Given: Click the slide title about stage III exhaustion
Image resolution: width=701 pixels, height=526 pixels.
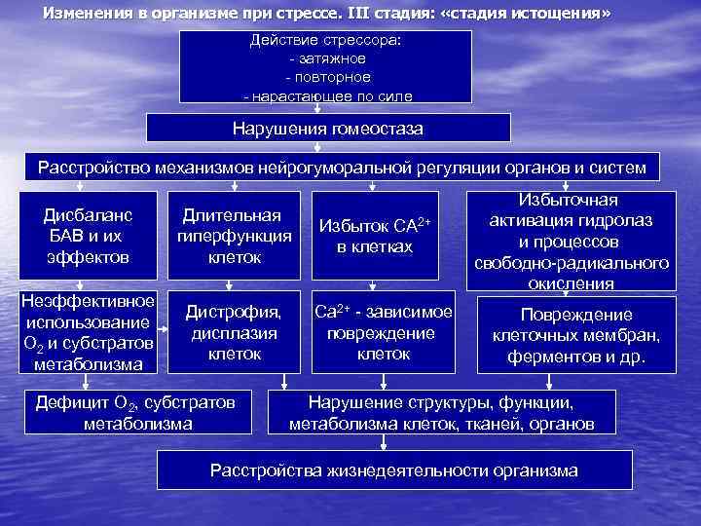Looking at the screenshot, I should coord(326,14).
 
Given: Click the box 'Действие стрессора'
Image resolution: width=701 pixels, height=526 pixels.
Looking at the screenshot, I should coord(326,65).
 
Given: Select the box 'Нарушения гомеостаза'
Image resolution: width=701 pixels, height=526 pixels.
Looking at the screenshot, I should coord(327,129).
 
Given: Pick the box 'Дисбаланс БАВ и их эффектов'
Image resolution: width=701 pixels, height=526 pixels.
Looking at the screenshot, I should coord(88,235).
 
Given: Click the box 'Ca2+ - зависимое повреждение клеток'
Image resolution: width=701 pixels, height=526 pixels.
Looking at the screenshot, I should coord(383,331).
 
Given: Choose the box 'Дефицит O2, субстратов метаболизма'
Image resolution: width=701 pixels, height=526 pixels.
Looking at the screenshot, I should coord(136,413).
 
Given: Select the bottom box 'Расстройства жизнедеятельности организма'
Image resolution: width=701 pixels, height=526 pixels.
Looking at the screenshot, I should coord(394,470).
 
